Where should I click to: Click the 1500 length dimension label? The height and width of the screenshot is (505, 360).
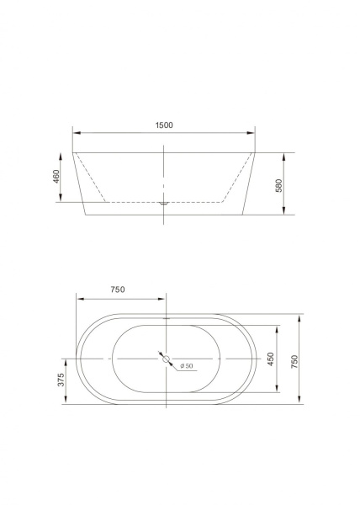(164, 125)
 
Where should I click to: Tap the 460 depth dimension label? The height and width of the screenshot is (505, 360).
(56, 177)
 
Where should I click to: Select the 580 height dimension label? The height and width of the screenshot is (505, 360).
(278, 185)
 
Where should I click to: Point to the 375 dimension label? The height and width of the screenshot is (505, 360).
(61, 380)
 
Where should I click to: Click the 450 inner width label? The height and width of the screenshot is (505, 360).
(270, 359)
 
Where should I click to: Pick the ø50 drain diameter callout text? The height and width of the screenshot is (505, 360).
(187, 366)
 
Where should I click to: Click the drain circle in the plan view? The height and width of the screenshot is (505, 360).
(166, 359)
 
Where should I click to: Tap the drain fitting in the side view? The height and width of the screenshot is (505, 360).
(164, 203)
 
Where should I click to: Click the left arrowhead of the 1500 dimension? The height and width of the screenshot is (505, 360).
(77, 133)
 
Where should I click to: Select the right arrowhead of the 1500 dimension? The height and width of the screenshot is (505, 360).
(251, 133)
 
